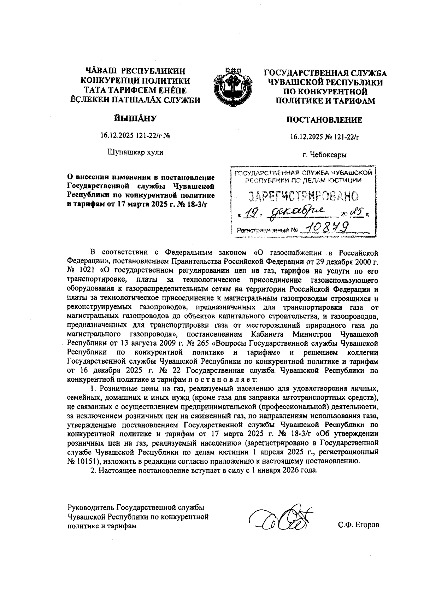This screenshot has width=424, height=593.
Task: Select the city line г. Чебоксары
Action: (x=324, y=155)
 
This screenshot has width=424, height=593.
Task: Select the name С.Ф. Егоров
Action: (x=358, y=525)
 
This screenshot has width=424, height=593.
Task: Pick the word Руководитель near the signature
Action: (x=90, y=508)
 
